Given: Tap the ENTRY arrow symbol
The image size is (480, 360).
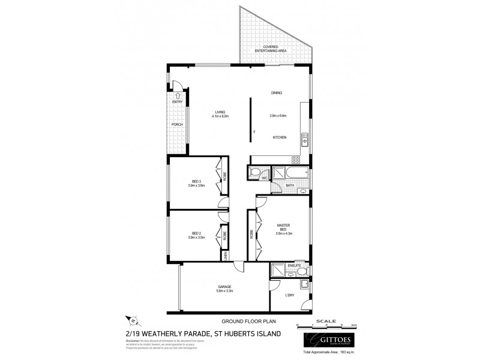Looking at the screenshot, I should pos(178,95).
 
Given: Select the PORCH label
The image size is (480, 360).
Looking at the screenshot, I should pos(177,124).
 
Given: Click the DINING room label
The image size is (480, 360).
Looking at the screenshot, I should pos(276,93).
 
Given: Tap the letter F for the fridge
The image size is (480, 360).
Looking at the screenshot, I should pos(254,131).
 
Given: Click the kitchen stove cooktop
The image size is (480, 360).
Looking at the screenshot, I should pos(295,160).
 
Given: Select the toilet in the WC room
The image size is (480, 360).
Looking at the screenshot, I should pos(254,173).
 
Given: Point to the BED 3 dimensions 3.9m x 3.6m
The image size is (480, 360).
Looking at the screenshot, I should pos(196,186).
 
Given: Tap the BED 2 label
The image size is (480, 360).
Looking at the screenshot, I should pos(196,233).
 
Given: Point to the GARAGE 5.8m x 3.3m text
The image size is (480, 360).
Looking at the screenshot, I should pos(225,289).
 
